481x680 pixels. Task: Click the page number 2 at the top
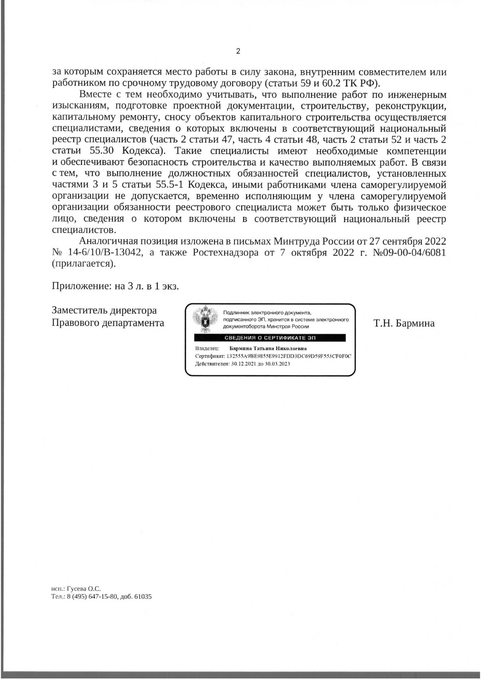click(238, 51)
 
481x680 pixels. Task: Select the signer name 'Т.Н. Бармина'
click(404, 323)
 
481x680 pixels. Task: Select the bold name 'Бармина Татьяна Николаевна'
click(268, 349)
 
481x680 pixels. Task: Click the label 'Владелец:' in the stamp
click(207, 349)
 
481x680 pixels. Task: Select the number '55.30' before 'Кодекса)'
click(102, 151)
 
